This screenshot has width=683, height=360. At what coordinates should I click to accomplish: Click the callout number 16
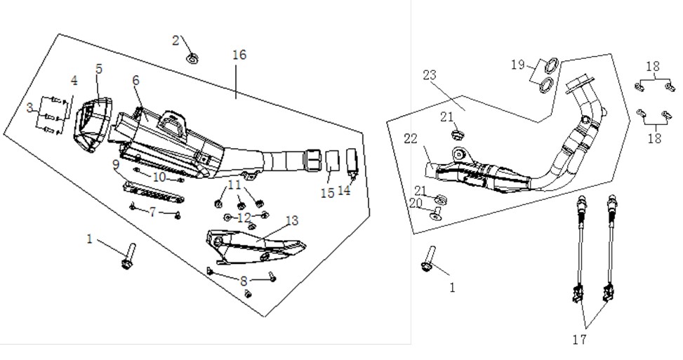(x=239, y=55)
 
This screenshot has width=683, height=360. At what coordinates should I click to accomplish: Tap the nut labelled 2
(x=191, y=58)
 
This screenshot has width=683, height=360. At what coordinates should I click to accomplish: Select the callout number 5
(x=99, y=69)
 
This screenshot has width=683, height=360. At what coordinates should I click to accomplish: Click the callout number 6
(x=136, y=80)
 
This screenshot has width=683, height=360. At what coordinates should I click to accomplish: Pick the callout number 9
(x=115, y=164)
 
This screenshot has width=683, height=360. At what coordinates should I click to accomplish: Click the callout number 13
(x=292, y=220)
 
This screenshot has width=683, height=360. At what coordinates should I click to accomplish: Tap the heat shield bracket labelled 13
(x=255, y=246)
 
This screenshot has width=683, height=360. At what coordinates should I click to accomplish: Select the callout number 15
(x=328, y=192)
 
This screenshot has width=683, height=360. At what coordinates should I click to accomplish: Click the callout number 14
(x=344, y=190)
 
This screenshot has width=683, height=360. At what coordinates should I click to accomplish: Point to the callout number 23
(x=430, y=75)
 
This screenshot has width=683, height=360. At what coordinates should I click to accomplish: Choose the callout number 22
(x=411, y=139)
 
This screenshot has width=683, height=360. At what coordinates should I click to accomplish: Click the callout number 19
(x=518, y=65)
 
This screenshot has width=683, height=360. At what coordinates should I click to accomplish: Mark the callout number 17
(x=580, y=339)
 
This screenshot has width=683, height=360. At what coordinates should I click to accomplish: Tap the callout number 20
(x=416, y=203)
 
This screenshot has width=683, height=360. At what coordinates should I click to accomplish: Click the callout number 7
(x=152, y=213)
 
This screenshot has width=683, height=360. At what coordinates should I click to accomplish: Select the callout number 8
(x=244, y=281)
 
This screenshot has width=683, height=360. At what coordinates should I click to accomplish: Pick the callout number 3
(x=29, y=107)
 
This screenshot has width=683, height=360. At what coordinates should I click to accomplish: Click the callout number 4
(x=74, y=81)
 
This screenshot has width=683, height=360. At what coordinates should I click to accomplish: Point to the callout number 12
(x=245, y=218)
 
